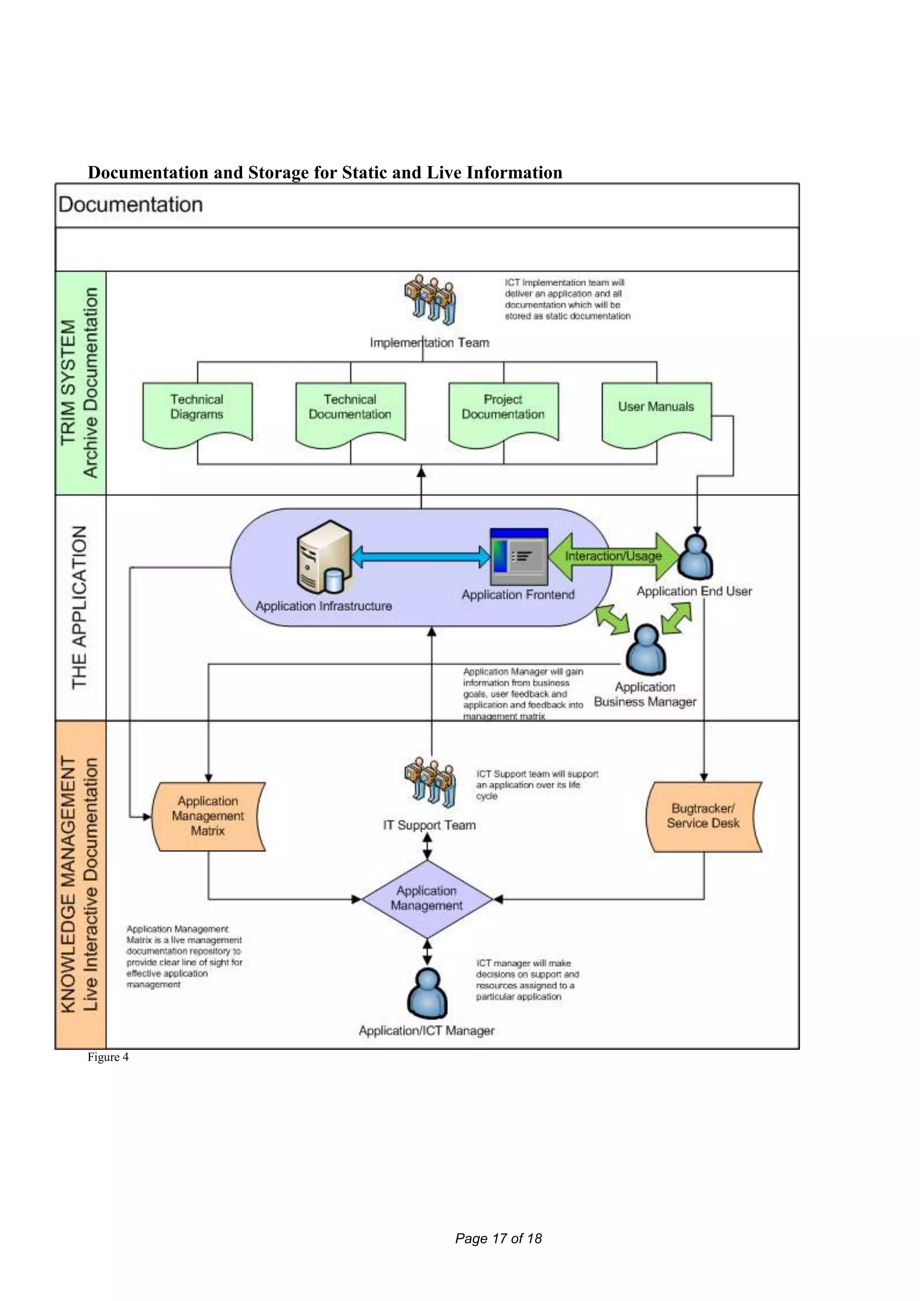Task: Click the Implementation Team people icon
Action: [x=430, y=301]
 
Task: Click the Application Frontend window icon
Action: [x=519, y=557]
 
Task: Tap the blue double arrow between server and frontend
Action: [x=421, y=557]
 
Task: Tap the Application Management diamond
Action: [x=427, y=898]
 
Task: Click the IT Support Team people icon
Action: [x=430, y=782]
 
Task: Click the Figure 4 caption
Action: [x=108, y=1057]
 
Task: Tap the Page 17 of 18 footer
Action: [x=499, y=1239]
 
